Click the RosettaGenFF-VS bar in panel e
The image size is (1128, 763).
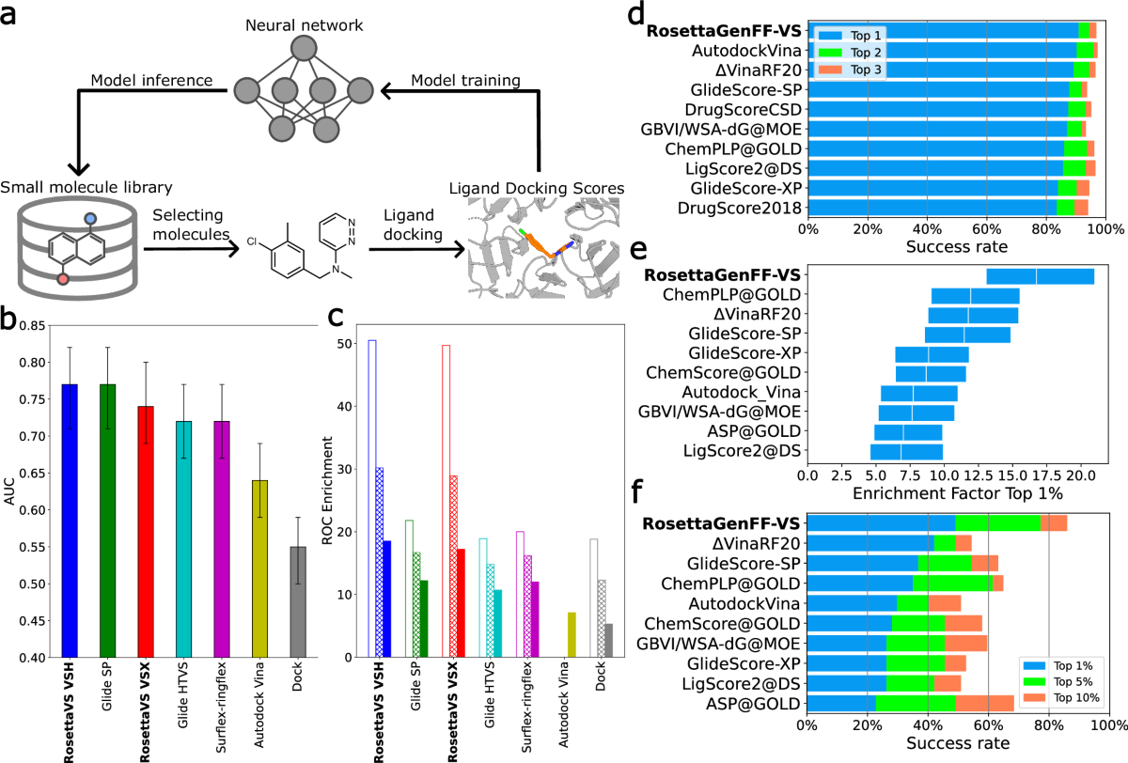[1040, 275]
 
